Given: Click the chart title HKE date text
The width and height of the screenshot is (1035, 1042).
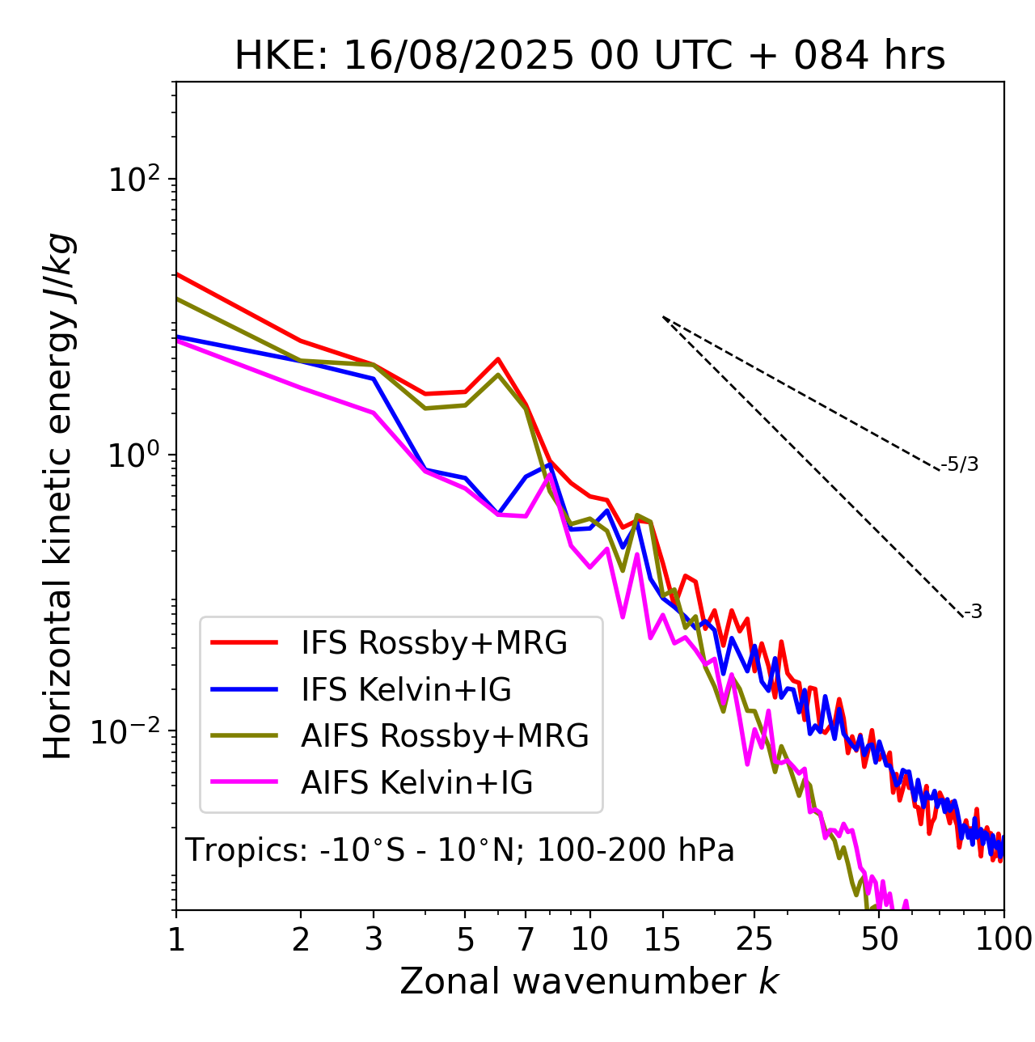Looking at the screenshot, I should tap(589, 56).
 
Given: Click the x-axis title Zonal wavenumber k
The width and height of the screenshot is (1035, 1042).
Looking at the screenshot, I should tap(589, 981).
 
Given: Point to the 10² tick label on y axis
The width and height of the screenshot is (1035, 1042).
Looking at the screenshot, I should tap(133, 180).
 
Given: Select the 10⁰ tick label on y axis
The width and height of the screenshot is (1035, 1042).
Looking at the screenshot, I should tap(133, 455).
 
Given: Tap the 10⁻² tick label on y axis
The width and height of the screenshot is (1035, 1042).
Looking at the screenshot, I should tap(129, 731).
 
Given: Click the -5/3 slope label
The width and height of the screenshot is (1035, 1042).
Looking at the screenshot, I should tap(960, 464).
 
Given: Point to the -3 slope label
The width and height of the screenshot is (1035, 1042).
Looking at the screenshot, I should tap(973, 612).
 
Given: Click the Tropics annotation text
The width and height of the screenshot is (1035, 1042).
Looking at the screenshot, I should tap(459, 850).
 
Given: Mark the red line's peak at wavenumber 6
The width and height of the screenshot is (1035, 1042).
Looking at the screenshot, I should tap(498, 359).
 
